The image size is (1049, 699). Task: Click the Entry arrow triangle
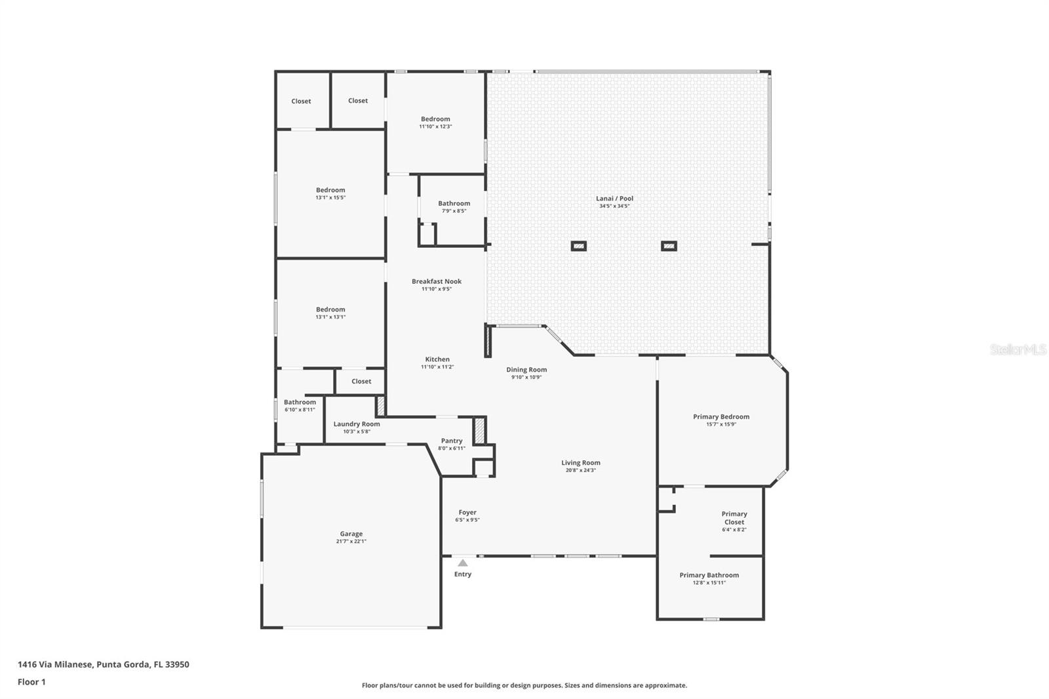click(x=463, y=563)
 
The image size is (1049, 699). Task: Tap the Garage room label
click(x=351, y=534)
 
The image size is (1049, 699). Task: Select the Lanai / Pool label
click(x=614, y=198)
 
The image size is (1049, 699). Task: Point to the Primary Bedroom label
click(x=721, y=416)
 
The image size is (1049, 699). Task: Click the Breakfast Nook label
click(x=437, y=281)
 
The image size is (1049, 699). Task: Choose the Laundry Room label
click(x=357, y=424)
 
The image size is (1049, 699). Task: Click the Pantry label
click(x=452, y=441)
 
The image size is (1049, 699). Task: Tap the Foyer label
click(x=467, y=512)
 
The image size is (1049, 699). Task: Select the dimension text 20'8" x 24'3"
click(x=580, y=470)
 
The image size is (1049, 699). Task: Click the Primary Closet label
click(x=734, y=518)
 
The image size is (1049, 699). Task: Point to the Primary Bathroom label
click(x=709, y=575)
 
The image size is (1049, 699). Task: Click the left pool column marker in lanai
click(x=578, y=247)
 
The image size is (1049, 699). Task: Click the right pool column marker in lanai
click(x=669, y=247)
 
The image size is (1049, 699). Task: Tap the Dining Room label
click(x=526, y=369)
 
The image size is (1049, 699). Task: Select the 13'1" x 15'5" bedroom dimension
click(x=330, y=197)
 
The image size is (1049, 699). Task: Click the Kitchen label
click(x=437, y=359)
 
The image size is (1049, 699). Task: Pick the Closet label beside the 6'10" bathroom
click(x=361, y=381)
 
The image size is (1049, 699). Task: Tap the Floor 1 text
click(x=31, y=682)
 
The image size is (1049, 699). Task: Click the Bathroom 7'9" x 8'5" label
click(x=454, y=203)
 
